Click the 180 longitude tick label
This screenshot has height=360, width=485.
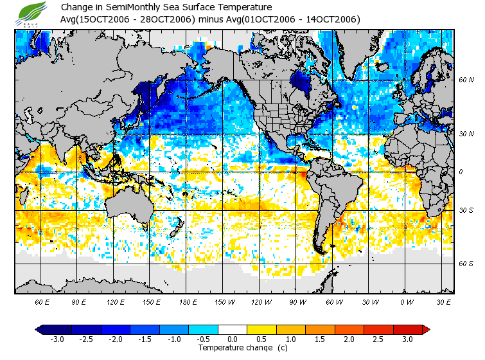(189, 301)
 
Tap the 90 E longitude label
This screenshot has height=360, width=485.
(78, 301)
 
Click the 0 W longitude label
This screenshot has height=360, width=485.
(406, 301)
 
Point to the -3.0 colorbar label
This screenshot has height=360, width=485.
(58, 339)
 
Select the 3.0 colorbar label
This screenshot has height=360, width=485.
(407, 339)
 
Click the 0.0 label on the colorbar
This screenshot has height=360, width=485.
(233, 339)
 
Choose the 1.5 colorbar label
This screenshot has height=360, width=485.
(320, 339)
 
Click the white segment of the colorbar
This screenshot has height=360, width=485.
(233, 329)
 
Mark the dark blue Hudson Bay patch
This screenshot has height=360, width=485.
(299, 82)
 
